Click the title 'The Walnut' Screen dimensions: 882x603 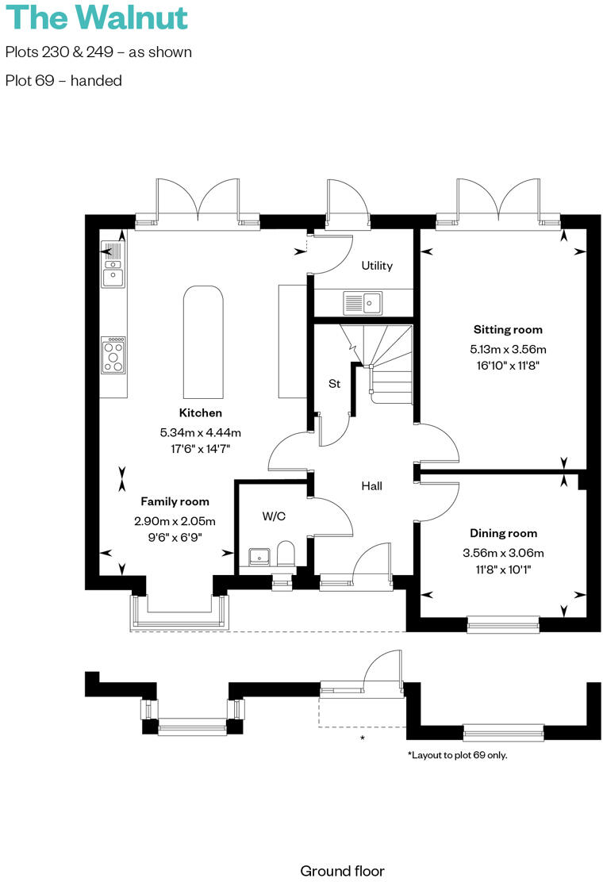[x=96, y=17]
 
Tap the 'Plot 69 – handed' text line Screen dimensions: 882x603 [x=63, y=80]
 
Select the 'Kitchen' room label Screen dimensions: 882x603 [x=200, y=412]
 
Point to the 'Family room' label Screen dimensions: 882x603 [x=175, y=501]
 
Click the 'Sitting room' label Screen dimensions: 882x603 [x=508, y=329]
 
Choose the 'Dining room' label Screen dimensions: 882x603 [x=503, y=533]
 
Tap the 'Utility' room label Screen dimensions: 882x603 [x=377, y=266]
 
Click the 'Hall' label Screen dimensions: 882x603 [x=372, y=485]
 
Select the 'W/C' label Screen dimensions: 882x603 [x=274, y=516]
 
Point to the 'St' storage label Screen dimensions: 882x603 [x=334, y=384]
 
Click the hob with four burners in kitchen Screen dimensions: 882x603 [x=113, y=355]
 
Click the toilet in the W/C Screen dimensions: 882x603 [x=286, y=554]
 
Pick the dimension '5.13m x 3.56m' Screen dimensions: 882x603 [x=508, y=349]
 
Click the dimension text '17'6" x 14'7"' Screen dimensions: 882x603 [x=200, y=448]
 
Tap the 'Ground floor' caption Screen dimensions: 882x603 [x=342, y=871]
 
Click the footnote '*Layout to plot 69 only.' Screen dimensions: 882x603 [x=457, y=755]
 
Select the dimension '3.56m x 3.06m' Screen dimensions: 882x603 [x=503, y=553]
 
